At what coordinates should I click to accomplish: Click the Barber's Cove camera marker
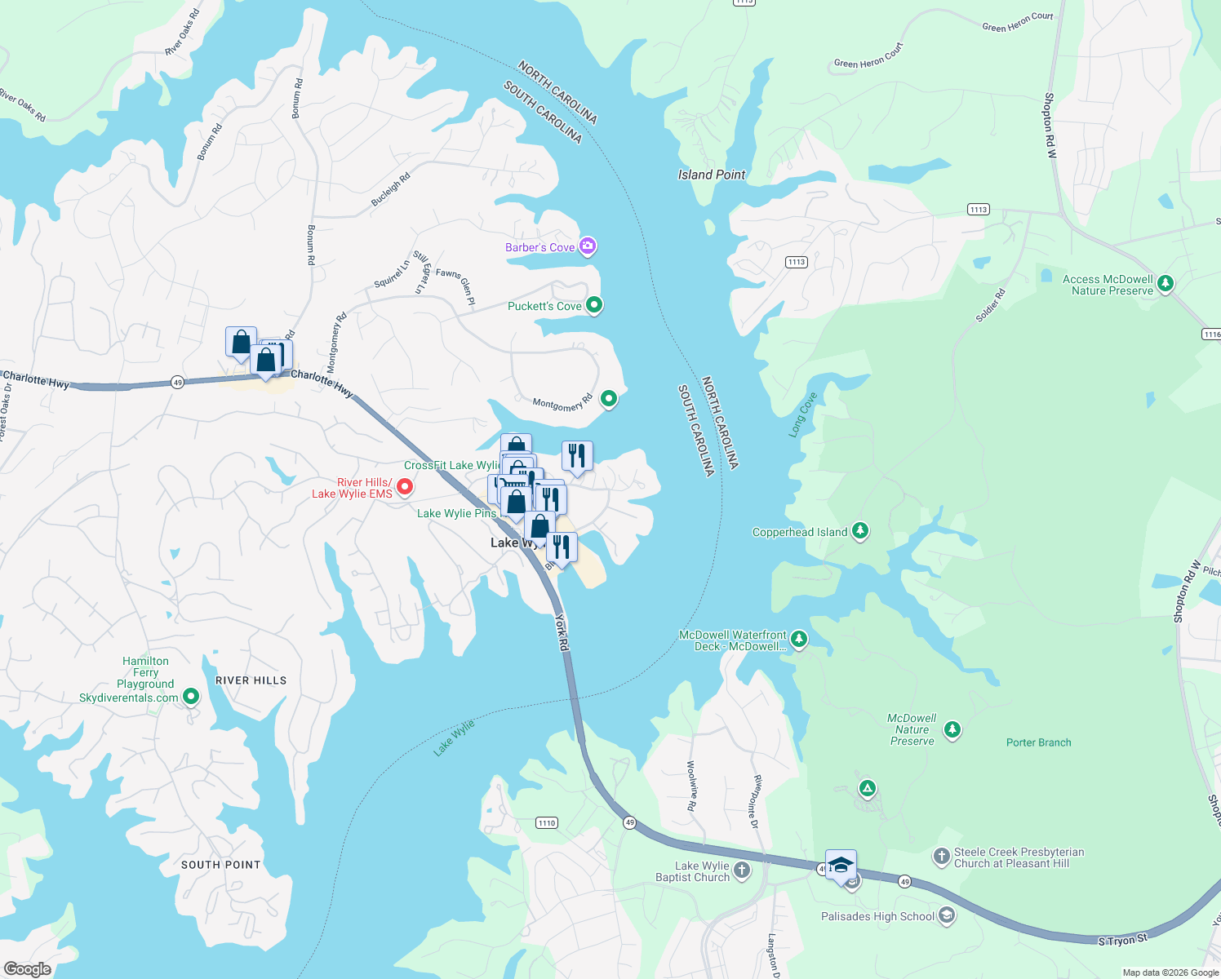[x=588, y=246]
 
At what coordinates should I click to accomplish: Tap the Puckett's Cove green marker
[x=594, y=305]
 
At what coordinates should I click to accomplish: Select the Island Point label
[x=712, y=175]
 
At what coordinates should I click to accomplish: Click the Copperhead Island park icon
[x=859, y=531]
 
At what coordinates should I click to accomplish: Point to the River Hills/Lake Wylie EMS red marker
[x=404, y=487]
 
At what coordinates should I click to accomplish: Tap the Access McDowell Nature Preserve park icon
[x=1165, y=284]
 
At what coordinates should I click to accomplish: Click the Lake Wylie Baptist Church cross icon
[x=742, y=870]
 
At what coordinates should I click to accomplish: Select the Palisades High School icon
[x=946, y=915]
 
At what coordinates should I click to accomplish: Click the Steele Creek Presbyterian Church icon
[x=942, y=857]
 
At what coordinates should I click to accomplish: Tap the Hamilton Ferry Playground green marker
[x=191, y=697]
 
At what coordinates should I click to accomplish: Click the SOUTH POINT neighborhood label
[x=220, y=865]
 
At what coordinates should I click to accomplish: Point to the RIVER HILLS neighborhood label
[x=251, y=680]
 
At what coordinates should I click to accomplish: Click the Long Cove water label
[x=802, y=415]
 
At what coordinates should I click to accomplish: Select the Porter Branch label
[x=1038, y=742]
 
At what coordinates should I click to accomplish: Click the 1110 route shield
[x=547, y=822]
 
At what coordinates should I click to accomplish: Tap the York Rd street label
[x=562, y=632]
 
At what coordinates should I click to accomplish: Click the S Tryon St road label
[x=1122, y=941]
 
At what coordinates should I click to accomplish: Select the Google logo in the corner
[x=27, y=968]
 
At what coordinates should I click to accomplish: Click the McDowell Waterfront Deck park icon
[x=799, y=640]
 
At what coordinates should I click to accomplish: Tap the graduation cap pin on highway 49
[x=841, y=865]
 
